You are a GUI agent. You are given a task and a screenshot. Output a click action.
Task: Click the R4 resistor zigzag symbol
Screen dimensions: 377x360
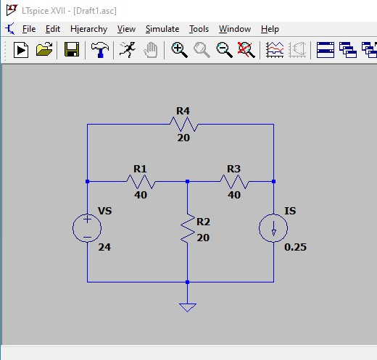click(183, 125)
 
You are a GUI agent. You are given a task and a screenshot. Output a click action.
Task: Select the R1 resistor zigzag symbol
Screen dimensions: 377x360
click(141, 182)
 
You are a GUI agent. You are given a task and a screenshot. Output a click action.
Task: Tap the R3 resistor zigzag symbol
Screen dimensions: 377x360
click(234, 182)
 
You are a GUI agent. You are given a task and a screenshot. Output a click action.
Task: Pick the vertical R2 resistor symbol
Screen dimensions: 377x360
click(188, 228)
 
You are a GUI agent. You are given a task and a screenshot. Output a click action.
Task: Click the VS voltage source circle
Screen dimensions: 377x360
click(87, 228)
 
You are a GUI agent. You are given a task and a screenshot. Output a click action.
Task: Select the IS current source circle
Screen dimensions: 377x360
click(273, 228)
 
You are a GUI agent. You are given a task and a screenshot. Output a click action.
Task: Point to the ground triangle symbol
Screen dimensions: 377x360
click(188, 308)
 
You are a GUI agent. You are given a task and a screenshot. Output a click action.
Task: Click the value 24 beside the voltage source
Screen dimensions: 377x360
click(104, 247)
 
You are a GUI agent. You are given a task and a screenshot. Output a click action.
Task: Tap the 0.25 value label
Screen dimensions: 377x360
click(295, 247)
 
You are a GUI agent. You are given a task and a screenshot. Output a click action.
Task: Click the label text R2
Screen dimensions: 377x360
click(203, 222)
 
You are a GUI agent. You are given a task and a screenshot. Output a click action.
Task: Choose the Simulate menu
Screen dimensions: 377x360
click(162, 29)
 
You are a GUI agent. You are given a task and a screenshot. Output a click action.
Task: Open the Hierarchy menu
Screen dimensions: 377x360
click(89, 29)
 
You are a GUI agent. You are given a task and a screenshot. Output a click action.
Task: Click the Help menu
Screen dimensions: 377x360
click(270, 29)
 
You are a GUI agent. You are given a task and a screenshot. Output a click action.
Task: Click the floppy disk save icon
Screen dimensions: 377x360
click(72, 49)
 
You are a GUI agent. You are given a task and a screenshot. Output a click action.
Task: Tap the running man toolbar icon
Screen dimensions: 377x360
click(128, 50)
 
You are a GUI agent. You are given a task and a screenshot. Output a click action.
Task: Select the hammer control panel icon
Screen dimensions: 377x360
click(100, 50)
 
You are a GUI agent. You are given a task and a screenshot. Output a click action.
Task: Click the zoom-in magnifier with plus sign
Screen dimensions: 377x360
click(179, 50)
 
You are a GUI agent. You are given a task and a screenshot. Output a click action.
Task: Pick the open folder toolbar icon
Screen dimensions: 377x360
click(44, 49)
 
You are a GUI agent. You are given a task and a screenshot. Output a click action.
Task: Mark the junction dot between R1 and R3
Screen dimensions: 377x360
click(188, 182)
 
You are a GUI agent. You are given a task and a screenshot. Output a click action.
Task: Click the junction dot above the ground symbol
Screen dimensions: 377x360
click(188, 282)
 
